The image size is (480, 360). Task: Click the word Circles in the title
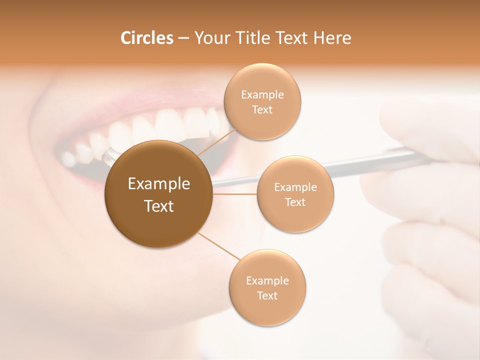tap(146, 38)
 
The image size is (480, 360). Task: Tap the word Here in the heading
tap(332, 38)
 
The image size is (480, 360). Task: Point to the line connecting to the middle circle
tap(235, 193)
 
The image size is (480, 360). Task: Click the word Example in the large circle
tap(158, 184)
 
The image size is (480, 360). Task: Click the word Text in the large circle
tap(158, 206)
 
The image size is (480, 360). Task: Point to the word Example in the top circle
tap(262, 94)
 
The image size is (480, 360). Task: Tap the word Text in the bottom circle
tap(267, 295)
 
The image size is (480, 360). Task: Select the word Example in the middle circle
tap(295, 187)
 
